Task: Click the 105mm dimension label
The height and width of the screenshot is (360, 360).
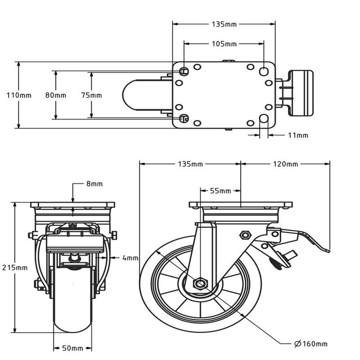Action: pos(224,44)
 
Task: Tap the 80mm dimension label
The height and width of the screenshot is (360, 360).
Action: pos(56,95)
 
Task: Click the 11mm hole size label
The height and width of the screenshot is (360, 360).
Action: pos(298,135)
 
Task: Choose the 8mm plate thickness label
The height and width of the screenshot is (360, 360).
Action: pos(95,184)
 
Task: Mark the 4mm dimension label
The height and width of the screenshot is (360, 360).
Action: pos(131,258)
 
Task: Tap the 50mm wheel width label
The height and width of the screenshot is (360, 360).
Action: pos(73,348)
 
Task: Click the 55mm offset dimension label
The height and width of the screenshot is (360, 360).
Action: pos(221,191)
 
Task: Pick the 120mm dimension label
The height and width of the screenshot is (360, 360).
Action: pos(285,164)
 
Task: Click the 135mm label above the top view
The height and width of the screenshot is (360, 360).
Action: pos(224,24)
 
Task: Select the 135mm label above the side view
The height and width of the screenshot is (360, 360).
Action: pos(190,164)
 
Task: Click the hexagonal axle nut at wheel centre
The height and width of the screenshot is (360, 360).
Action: pos(200,284)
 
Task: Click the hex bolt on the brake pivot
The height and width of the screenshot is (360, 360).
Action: pos(245,236)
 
